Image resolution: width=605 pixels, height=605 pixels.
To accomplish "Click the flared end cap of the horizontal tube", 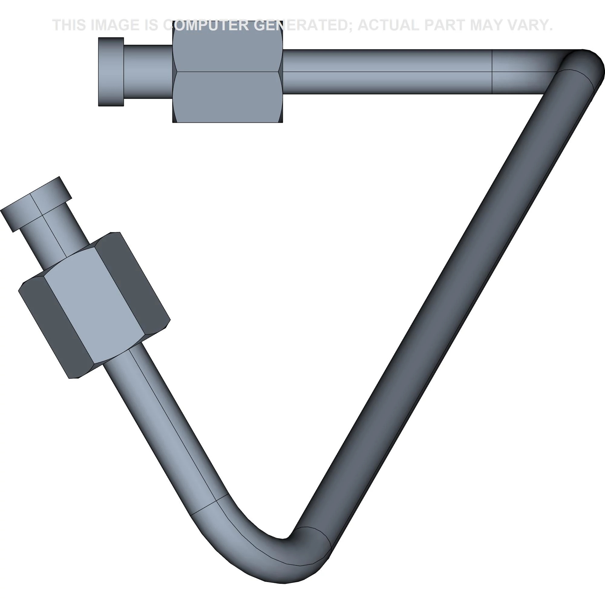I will pyautogui.click(x=111, y=72).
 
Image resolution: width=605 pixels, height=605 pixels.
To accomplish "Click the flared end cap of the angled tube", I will pyautogui.click(x=36, y=204).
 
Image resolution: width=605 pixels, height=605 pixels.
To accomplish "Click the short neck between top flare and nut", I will pyautogui.click(x=148, y=72).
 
